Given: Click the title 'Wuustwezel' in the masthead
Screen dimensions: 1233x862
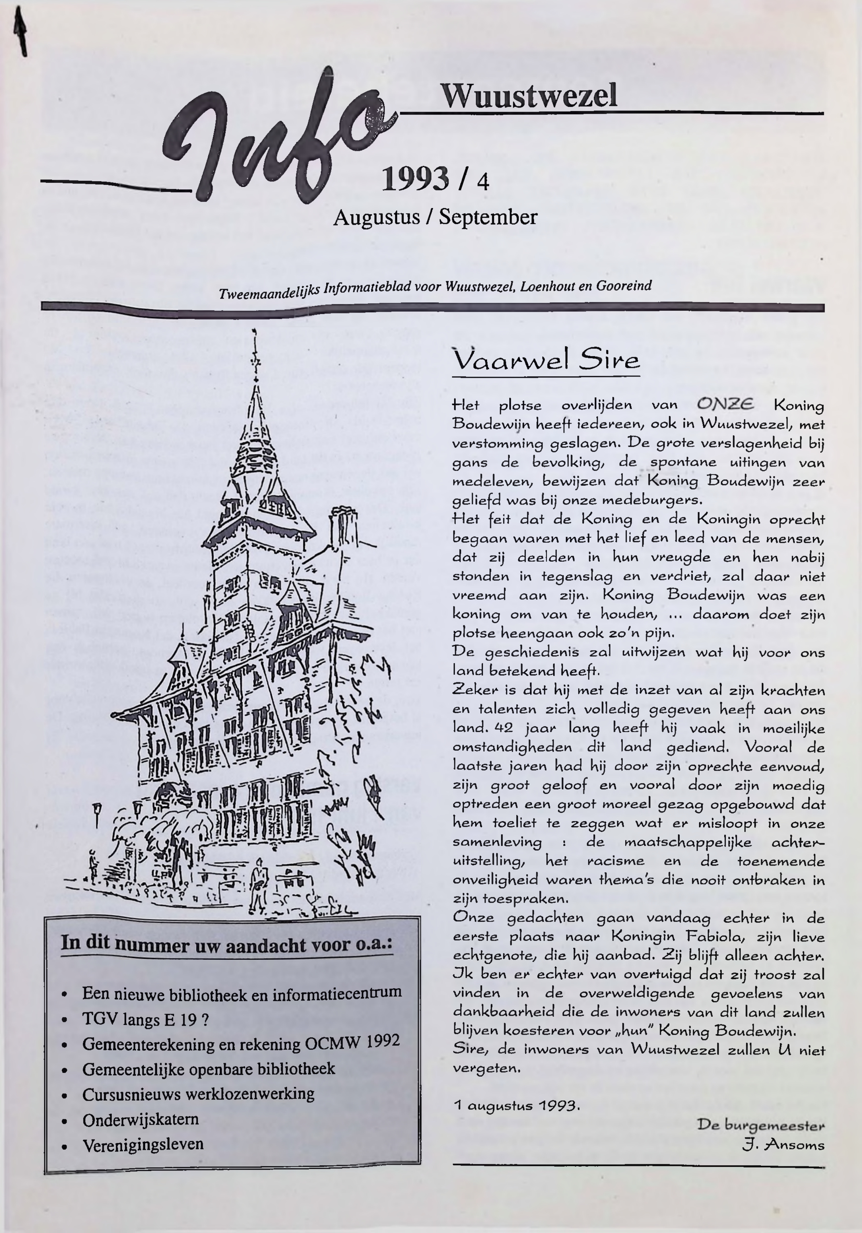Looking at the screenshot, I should [x=529, y=96].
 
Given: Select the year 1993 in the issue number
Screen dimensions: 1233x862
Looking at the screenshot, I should [x=414, y=179].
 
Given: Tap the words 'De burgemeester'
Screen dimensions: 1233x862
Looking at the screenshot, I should [x=761, y=1124].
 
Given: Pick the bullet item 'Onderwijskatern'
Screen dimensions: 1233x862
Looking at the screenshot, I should [x=141, y=1119].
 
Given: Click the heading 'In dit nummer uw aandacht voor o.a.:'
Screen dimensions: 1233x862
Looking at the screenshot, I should [x=226, y=944].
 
